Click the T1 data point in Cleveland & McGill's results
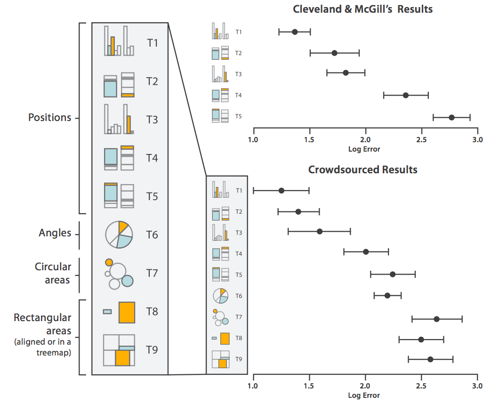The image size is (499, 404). coord(295,32)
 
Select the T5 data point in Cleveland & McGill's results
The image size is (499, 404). coord(452,117)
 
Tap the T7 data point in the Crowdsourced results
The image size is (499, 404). coord(436,319)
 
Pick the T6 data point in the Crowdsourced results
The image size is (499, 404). coord(387,296)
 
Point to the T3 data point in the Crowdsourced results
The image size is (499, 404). coord(320,231)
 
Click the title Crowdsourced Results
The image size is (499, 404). coord(362,170)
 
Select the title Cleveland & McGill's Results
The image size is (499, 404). coord(362,9)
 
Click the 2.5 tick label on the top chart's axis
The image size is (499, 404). coord(421,140)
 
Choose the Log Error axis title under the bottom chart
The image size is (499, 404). coord(364,396)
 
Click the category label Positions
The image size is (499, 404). coord(50,117)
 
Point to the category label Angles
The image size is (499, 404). coord(56,233)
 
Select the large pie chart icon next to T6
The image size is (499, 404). coord(119,234)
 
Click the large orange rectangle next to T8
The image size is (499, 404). coord(127,312)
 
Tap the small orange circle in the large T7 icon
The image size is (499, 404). coord(109,262)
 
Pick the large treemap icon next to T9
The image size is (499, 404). coord(119,350)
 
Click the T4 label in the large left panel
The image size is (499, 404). coord(152,158)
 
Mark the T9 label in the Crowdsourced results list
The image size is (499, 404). coord(239,360)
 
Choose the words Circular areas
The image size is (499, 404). coord(53,273)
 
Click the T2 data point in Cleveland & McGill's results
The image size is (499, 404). coord(334,53)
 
